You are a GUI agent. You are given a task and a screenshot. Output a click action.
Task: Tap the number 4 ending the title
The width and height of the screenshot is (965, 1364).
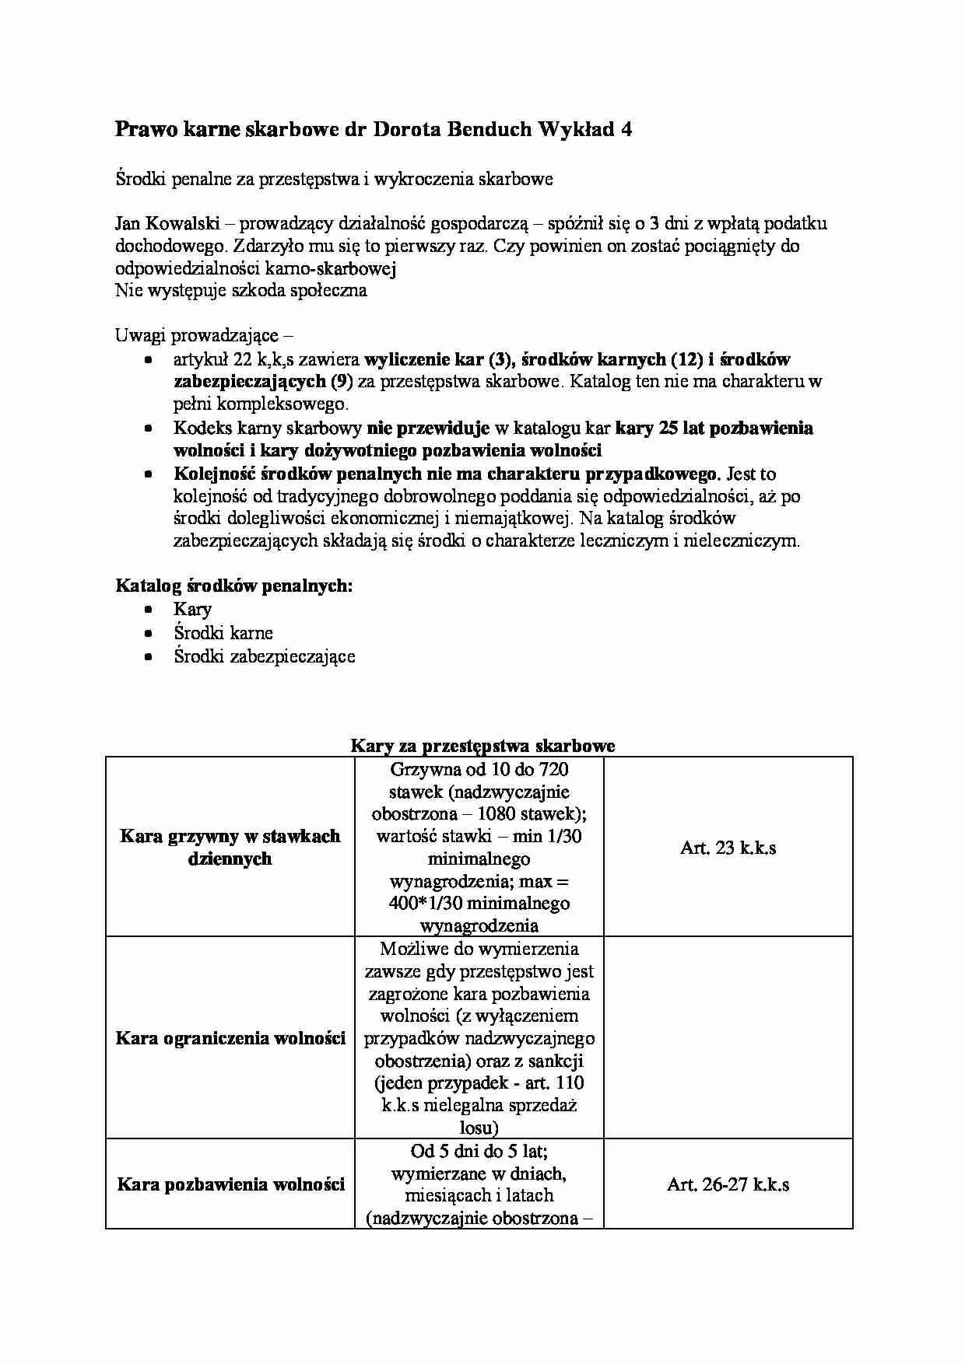point(626,130)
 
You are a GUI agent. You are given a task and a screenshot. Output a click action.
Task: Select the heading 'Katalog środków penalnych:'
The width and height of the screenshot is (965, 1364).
point(233,586)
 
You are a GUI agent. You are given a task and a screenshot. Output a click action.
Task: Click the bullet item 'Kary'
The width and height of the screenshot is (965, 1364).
point(192,609)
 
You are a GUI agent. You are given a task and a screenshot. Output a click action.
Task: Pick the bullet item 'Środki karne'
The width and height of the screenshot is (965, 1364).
point(223,632)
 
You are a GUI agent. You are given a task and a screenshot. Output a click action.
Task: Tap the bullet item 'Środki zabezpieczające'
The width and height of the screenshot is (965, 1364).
point(265,656)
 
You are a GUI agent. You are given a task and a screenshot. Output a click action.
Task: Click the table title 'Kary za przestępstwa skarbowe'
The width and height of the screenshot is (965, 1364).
point(482,745)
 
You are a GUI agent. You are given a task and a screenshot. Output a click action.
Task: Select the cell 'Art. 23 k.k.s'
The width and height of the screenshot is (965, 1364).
point(728,848)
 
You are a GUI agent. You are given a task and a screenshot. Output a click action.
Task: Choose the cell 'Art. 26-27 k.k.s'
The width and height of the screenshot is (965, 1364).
point(728,1184)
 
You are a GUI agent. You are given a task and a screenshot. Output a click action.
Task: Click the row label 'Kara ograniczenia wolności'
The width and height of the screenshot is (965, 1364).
point(230,1038)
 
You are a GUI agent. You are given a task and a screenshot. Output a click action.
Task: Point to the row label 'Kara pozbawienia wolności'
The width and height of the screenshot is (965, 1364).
point(230,1184)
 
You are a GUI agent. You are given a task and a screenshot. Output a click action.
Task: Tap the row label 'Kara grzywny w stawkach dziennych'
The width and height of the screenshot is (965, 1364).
point(230,847)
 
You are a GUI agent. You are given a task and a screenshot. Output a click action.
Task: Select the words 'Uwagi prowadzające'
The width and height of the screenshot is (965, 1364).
point(197,336)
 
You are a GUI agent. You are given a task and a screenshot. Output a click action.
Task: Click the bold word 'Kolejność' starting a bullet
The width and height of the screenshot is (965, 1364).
point(214,474)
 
